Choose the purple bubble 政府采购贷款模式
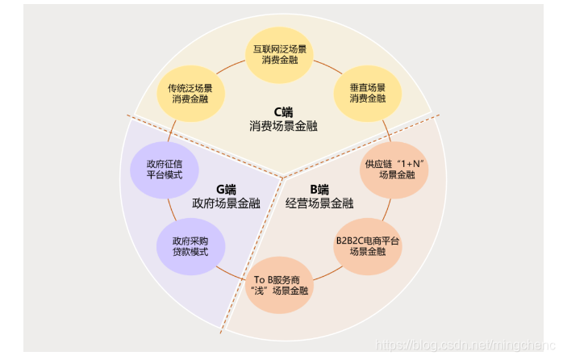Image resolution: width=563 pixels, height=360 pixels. pyautogui.click(x=190, y=245)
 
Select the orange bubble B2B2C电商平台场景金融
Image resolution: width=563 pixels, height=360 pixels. pyautogui.click(x=368, y=246)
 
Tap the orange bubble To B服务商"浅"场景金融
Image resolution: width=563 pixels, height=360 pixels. pyautogui.click(x=279, y=283)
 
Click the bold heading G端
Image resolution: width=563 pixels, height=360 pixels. pyautogui.click(x=225, y=189)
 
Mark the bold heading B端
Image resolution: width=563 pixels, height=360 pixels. pyautogui.click(x=319, y=189)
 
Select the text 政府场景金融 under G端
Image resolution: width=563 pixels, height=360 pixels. pyautogui.click(x=226, y=203)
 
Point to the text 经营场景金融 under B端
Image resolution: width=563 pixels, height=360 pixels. pyautogui.click(x=319, y=203)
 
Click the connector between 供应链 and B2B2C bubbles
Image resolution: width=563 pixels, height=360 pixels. pyautogui.click(x=387, y=209)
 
